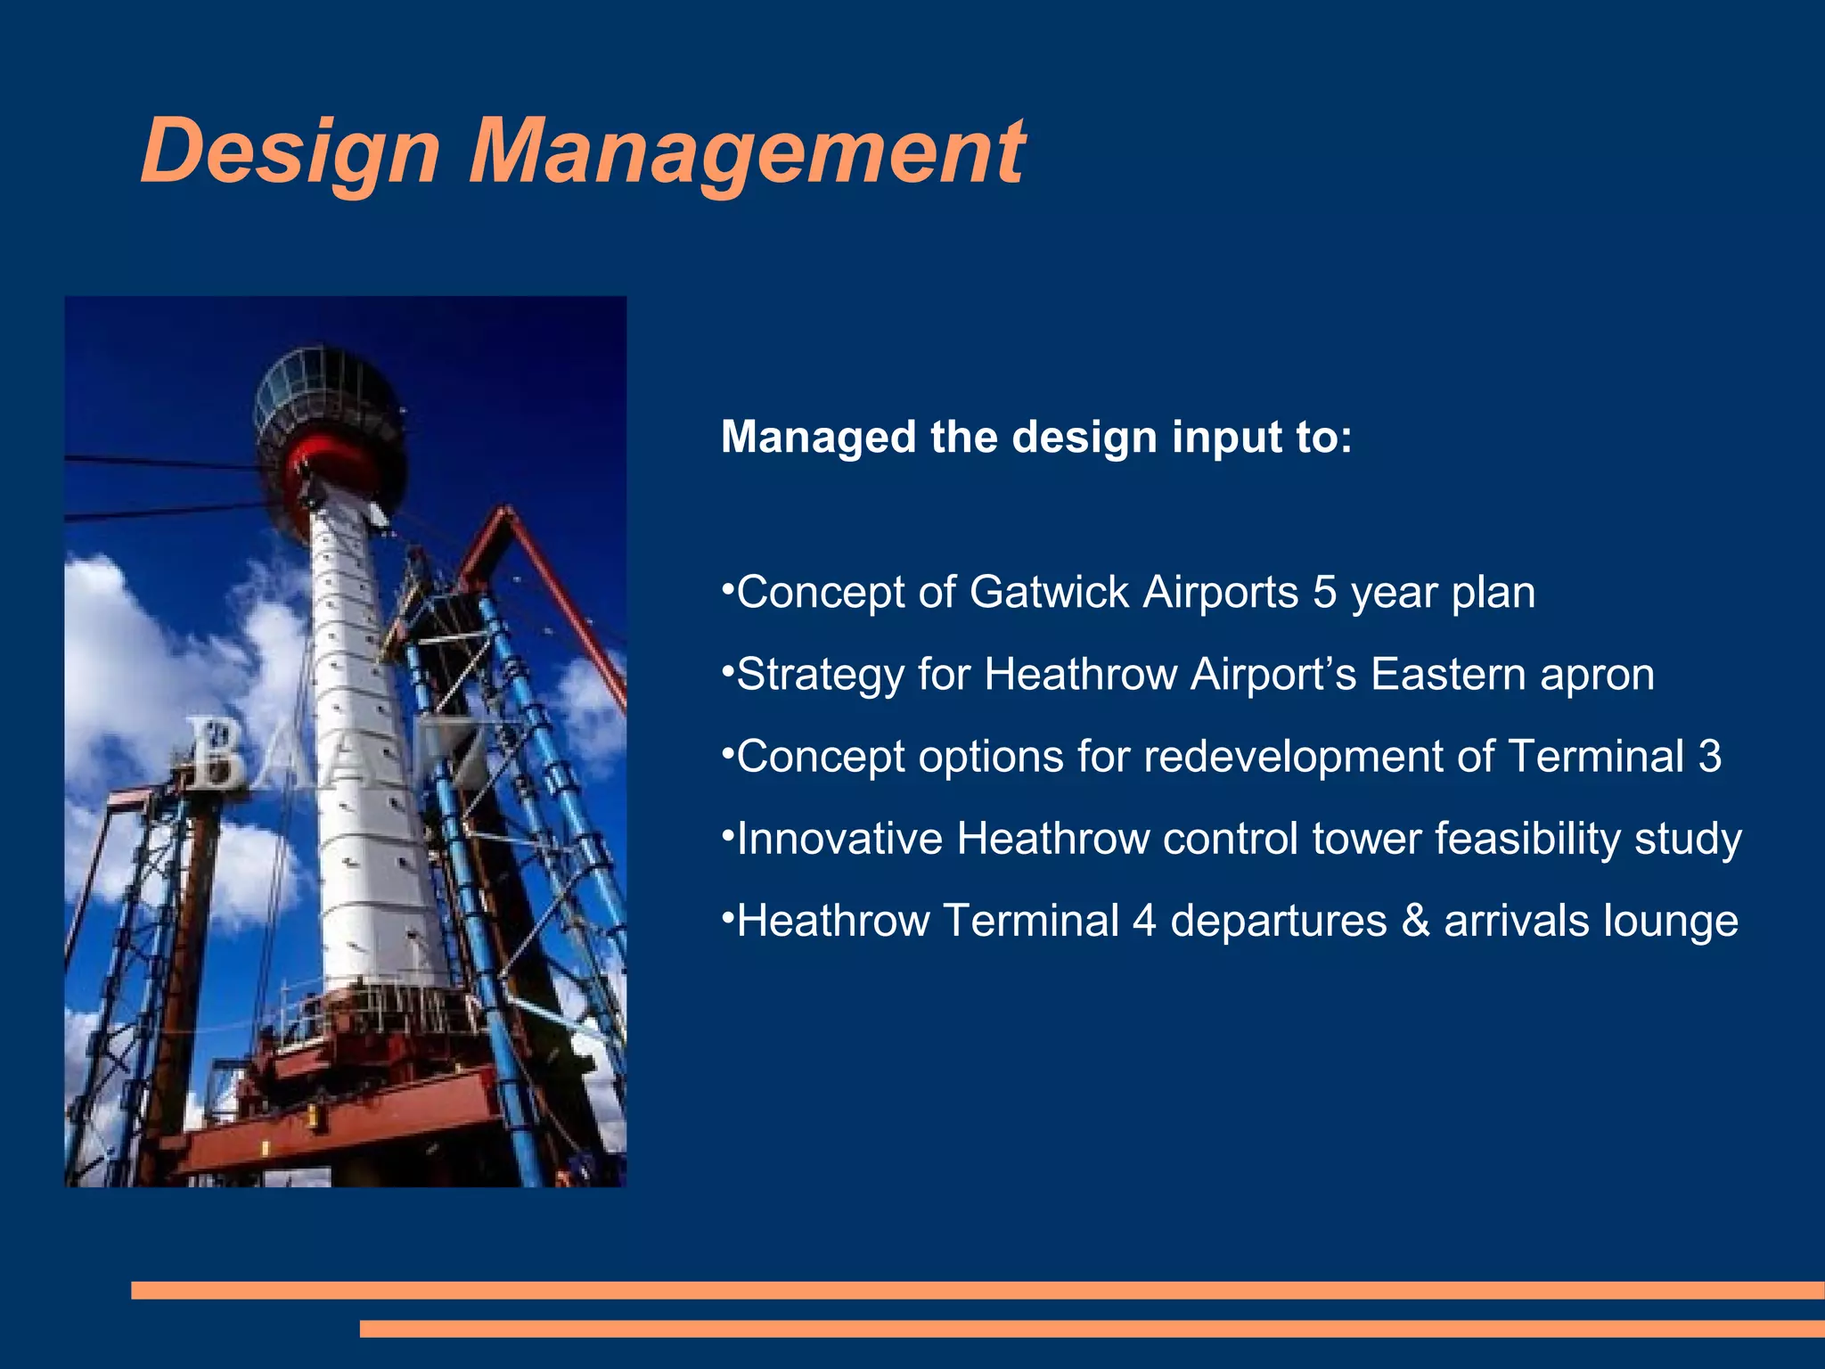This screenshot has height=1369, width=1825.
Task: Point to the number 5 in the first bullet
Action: [x=1324, y=592]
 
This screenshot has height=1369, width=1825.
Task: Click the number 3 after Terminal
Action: [x=1709, y=756]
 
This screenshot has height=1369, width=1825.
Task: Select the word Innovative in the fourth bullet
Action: [x=839, y=839]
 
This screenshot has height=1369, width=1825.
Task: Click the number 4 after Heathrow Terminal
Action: [x=1144, y=921]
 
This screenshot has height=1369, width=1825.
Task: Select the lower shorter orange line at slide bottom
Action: [x=1092, y=1329]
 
